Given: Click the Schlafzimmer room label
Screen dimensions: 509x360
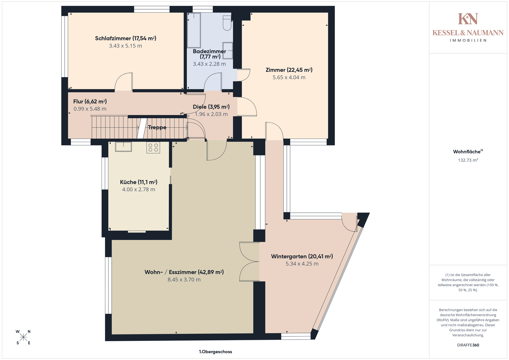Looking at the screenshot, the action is [126, 38].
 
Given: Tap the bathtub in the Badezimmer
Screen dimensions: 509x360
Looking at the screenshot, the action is [194, 30].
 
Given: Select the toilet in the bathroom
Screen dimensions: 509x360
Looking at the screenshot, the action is [227, 23].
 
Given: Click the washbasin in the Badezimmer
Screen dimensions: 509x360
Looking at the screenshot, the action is [228, 50].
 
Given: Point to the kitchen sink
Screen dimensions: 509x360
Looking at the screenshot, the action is [124, 147].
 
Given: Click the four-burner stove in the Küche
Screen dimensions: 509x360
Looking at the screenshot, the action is [153, 148].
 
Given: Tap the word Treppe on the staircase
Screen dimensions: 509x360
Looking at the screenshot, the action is [157, 128].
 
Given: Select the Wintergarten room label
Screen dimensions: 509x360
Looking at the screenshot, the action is [302, 256].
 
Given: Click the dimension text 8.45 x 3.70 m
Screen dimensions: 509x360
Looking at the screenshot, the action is [184, 280].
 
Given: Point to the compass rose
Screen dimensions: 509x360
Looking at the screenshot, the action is [23, 337].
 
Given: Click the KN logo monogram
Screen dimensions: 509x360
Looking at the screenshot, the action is [468, 19].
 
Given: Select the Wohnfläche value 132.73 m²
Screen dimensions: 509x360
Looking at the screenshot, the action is [468, 160].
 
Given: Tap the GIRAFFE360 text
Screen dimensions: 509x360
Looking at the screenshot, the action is [468, 345].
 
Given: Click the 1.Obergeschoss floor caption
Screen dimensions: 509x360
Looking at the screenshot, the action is [216, 352].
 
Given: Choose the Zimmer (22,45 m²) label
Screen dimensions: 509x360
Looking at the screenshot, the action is [289, 70].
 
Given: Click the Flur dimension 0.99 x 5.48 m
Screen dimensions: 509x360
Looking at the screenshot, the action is [90, 109].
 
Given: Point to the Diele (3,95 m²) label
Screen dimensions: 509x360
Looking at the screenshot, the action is [211, 107].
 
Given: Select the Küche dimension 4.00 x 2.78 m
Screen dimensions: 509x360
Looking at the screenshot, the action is [139, 190].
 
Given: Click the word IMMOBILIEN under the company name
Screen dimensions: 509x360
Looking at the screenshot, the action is [468, 41].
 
